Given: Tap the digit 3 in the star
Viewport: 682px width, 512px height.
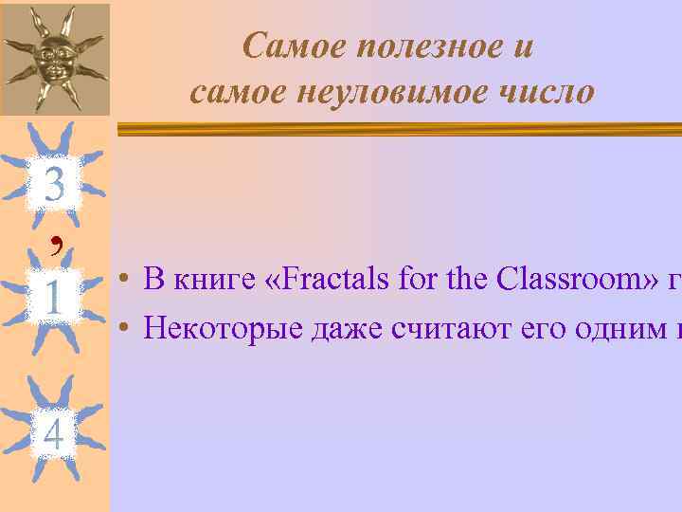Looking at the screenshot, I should pyautogui.click(x=54, y=184).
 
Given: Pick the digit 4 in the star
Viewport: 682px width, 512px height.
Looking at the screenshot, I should pyautogui.click(x=54, y=434).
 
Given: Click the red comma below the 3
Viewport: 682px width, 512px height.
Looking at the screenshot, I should pyautogui.click(x=59, y=243).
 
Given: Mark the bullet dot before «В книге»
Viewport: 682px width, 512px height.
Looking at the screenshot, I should pyautogui.click(x=124, y=280).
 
